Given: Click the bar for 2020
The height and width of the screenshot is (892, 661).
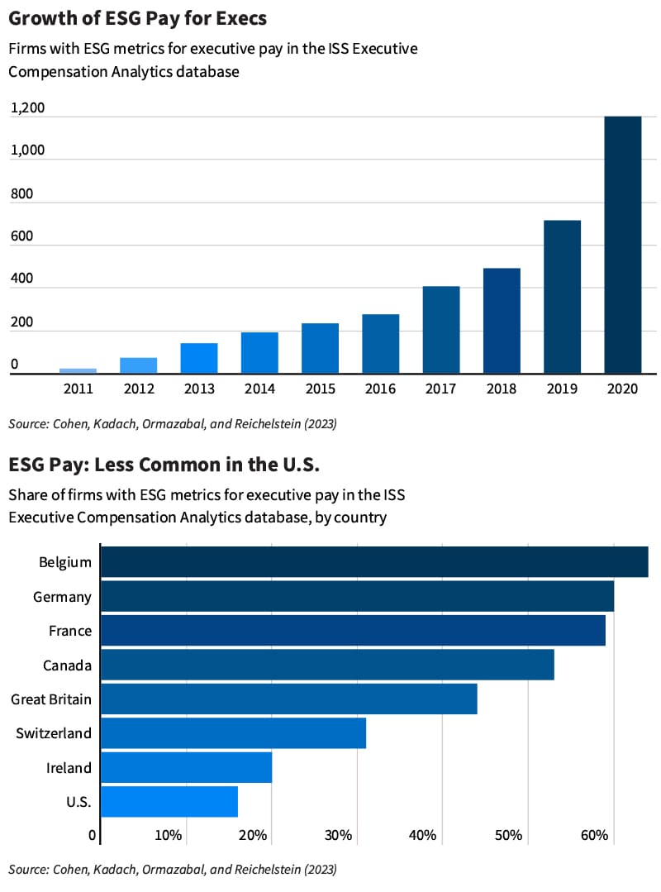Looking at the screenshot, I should click(x=623, y=245).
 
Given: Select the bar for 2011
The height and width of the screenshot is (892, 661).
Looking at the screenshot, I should click(x=78, y=370).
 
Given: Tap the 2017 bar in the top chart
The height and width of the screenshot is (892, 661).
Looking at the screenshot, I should click(x=441, y=330).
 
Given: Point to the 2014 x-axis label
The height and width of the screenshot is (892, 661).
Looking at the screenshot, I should click(x=259, y=389).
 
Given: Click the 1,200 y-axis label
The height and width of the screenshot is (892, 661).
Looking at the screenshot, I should click(x=27, y=108).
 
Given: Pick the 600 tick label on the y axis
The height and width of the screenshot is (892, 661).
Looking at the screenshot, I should click(x=21, y=237).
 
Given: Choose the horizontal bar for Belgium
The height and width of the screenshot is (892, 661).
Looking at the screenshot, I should click(x=373, y=561).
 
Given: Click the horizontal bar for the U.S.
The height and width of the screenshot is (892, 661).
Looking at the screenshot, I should click(x=169, y=802).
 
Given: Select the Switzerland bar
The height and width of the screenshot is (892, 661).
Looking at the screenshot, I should click(x=233, y=733).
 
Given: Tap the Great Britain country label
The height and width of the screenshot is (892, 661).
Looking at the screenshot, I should click(x=51, y=699).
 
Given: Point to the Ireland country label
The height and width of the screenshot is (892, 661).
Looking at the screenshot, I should click(x=69, y=768).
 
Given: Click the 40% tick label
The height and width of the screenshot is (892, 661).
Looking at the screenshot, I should click(x=422, y=835).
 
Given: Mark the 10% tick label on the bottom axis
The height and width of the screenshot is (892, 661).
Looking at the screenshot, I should click(x=168, y=835).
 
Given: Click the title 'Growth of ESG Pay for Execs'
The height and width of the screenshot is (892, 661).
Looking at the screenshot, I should click(x=138, y=18).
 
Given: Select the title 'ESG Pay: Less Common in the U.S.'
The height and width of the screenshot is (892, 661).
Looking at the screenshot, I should click(x=164, y=465).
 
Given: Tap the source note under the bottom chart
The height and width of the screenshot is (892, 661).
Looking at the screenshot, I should click(x=173, y=869).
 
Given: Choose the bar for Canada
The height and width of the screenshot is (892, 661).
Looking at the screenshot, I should click(x=327, y=665).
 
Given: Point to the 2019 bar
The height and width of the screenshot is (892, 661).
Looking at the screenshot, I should click(x=562, y=297).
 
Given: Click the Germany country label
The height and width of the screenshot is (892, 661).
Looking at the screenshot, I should click(x=62, y=596).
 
